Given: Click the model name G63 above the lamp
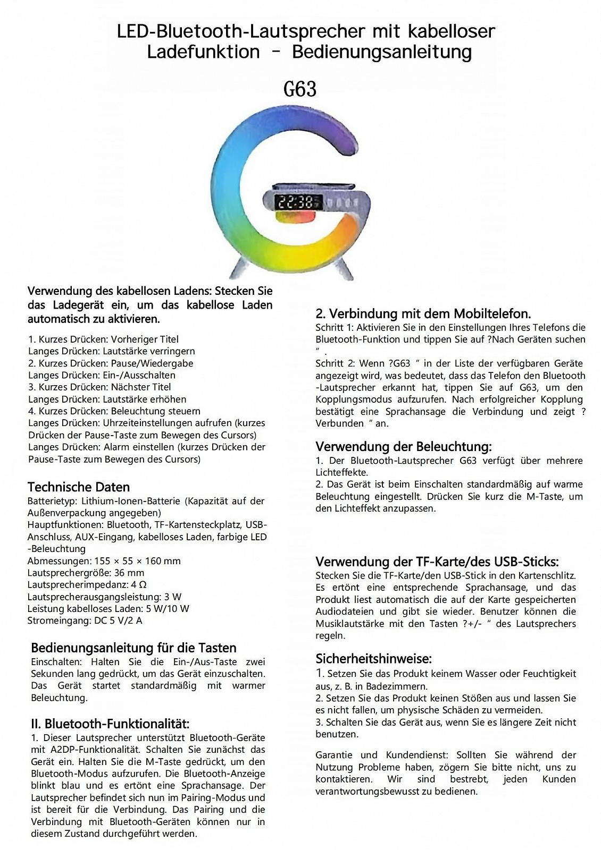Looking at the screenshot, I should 300,89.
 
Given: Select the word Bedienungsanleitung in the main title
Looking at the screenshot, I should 382,52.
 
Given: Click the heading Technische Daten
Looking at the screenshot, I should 79,487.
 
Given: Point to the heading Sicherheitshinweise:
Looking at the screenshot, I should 373,659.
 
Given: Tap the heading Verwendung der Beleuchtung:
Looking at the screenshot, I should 404,446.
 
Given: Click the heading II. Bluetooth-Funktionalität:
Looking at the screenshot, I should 110,724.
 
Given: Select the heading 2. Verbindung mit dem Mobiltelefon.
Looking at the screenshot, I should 423,313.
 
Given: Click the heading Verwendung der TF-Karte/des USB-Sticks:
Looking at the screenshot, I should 437,562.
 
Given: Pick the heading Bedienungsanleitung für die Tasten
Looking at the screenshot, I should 133,648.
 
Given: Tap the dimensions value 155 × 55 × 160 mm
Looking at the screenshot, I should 138,561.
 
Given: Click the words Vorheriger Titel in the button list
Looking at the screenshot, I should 145,339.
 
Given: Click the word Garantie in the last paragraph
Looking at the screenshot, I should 334,755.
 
